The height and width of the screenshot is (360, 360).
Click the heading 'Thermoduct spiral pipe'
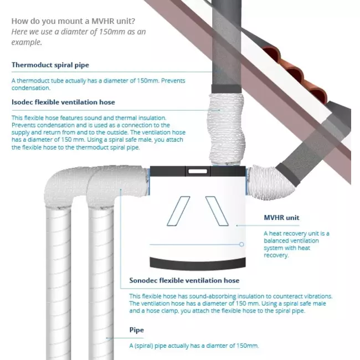(50, 65)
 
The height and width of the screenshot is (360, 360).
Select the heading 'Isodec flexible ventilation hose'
(63, 102)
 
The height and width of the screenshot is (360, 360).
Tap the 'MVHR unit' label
(281, 218)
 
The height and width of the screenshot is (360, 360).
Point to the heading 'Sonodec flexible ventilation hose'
(184, 280)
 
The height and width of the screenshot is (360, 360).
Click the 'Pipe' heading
(137, 330)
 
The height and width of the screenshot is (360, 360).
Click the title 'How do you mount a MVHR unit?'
(73, 21)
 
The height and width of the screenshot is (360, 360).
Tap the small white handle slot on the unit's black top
(198, 171)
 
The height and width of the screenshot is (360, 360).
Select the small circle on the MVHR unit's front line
(241, 244)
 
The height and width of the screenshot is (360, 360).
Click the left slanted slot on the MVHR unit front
(178, 211)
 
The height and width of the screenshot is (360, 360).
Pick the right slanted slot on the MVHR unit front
(217, 211)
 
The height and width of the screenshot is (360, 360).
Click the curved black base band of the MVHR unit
(198, 264)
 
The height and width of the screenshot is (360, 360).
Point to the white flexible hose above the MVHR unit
(226, 129)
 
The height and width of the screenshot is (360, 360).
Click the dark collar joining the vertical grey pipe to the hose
(227, 89)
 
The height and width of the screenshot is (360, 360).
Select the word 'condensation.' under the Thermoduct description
(31, 88)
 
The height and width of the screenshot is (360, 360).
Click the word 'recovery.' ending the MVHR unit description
(276, 255)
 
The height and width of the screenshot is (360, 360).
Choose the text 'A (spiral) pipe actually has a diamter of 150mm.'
(194, 346)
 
